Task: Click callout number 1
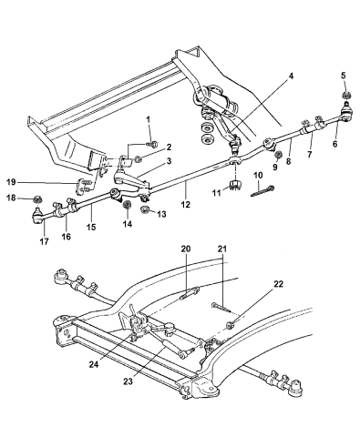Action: pyautogui.click(x=147, y=120)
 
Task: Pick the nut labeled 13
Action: pyautogui.click(x=145, y=210)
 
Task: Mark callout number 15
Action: pyautogui.click(x=90, y=230)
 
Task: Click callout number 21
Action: pyautogui.click(x=221, y=274)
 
